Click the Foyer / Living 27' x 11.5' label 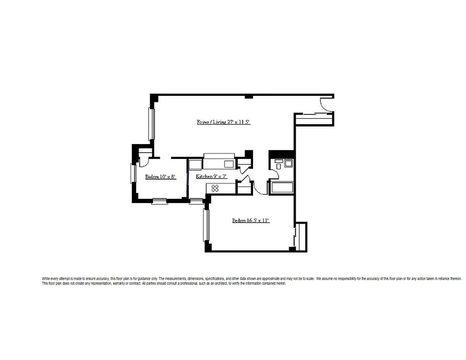[220, 122]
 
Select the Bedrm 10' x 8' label [160, 177]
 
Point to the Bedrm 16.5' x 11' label [250, 220]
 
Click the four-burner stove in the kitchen [215, 189]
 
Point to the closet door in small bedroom [145, 159]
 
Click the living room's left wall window [152, 124]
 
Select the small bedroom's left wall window [133, 174]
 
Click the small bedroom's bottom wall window [159, 201]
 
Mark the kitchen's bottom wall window [196, 201]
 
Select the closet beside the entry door [314, 119]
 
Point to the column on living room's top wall [248, 96]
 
